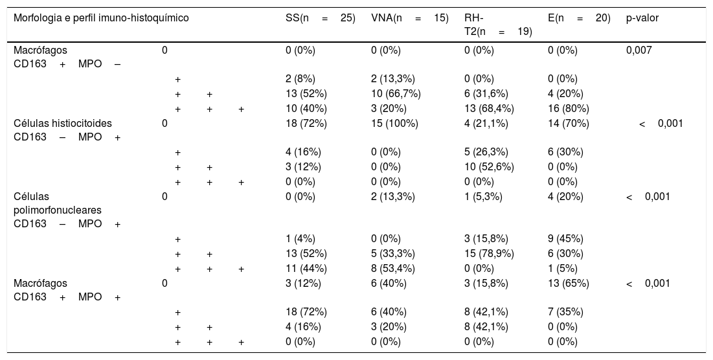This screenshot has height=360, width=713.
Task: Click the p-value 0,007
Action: [x=639, y=50]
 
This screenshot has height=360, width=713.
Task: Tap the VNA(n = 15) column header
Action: [x=410, y=19]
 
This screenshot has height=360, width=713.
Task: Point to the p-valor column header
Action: [x=642, y=19]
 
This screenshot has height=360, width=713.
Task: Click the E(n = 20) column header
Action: [x=580, y=19]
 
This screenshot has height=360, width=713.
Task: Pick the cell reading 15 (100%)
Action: [x=394, y=123]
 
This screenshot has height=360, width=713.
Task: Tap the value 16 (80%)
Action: [x=569, y=109]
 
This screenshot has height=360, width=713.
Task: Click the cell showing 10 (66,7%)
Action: [x=396, y=94]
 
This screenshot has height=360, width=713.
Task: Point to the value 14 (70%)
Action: [x=569, y=123]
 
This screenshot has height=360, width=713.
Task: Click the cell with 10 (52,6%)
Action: [x=490, y=167]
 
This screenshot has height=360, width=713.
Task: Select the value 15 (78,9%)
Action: [x=490, y=254]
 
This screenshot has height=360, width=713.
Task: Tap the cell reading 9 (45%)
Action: [x=565, y=239]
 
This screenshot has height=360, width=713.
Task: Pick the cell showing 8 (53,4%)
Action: [x=393, y=269]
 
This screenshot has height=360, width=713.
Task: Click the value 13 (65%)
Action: [x=569, y=283]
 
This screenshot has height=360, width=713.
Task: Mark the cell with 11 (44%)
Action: [x=306, y=269]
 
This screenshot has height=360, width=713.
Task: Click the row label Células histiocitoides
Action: [x=63, y=123]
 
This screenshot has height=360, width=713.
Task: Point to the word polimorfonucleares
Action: [x=58, y=210]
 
